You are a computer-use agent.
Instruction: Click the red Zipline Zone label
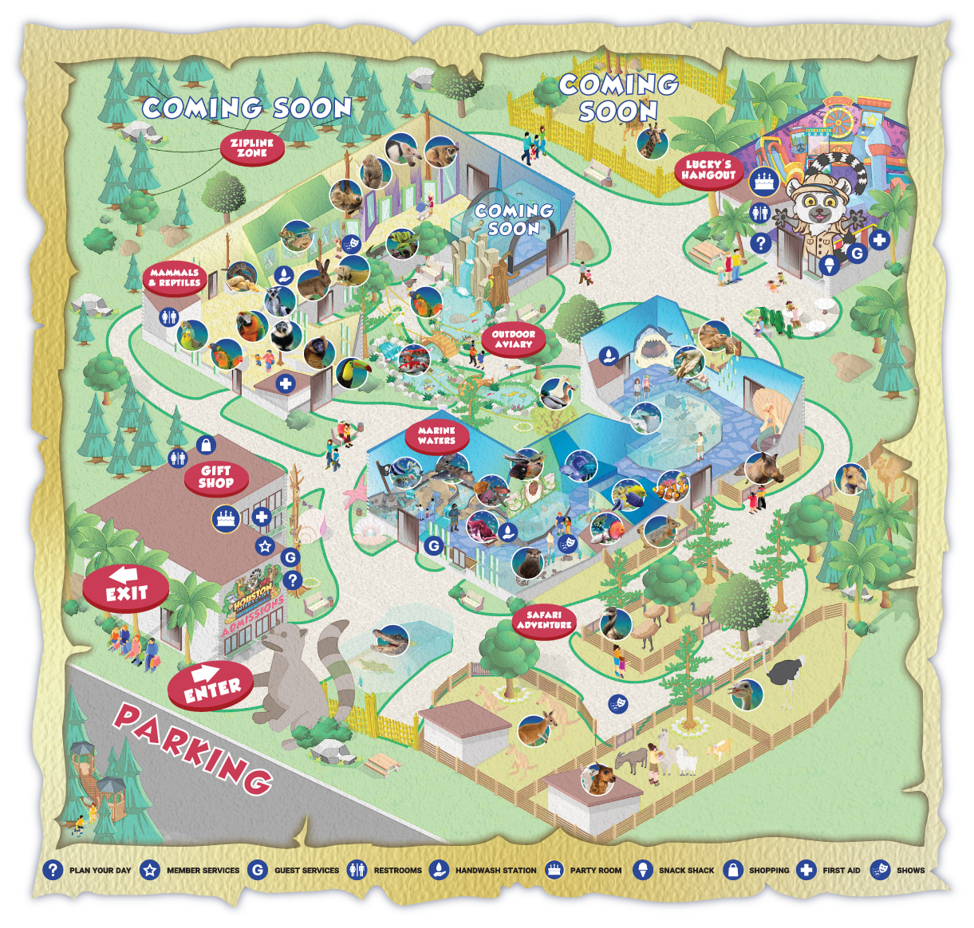252,148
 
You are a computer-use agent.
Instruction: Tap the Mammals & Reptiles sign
175,277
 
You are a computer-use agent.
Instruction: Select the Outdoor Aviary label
513,339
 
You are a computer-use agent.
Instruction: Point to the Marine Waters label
436,435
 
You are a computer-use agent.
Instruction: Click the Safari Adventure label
544,619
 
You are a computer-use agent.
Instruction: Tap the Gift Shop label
215,477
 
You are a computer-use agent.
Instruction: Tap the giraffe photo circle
653,143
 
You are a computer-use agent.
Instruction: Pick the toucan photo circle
351,373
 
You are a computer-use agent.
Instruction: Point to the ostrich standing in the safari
787,674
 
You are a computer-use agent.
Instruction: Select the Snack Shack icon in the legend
642,870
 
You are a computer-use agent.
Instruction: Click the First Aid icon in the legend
806,870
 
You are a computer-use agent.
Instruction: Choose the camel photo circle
851,479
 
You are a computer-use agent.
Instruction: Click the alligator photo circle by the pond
390,639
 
